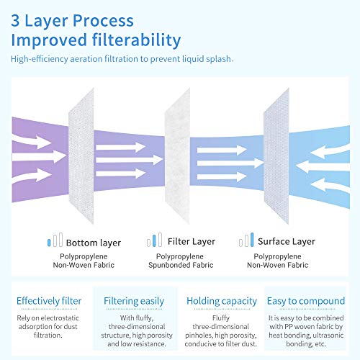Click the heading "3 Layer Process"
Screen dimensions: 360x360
(72, 21)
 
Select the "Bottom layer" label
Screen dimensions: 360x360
(94, 243)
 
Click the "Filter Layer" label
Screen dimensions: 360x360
(192, 241)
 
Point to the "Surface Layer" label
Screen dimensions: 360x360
(287, 241)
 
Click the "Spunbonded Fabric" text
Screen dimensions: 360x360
(181, 265)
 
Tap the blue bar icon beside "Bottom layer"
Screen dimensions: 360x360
(49, 243)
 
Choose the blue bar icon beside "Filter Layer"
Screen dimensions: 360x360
(154, 240)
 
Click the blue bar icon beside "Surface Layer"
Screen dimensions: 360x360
(252, 240)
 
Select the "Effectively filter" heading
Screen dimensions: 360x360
(49, 301)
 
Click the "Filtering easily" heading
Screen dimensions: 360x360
(134, 301)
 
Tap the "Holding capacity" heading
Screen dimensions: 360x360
(222, 301)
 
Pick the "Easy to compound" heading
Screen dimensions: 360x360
(306, 301)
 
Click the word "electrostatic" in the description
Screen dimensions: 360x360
(60, 318)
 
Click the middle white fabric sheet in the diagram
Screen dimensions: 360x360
(177, 156)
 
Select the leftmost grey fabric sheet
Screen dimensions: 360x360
(81, 156)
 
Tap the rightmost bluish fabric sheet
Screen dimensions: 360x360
(276, 156)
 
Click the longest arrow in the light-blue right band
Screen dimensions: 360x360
(323, 166)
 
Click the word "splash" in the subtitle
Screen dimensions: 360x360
(220, 59)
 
